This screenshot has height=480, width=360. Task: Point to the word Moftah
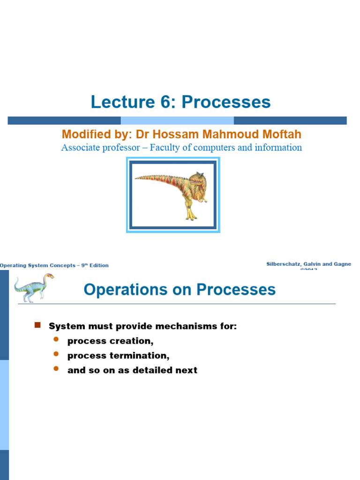280,135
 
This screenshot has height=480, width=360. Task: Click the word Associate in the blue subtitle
81,148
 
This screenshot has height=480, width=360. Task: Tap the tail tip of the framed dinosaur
137,178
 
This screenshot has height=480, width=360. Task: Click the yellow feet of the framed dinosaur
190,217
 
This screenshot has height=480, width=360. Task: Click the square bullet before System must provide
38,325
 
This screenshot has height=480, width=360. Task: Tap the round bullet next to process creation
56,339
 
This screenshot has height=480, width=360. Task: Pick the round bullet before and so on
56,369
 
